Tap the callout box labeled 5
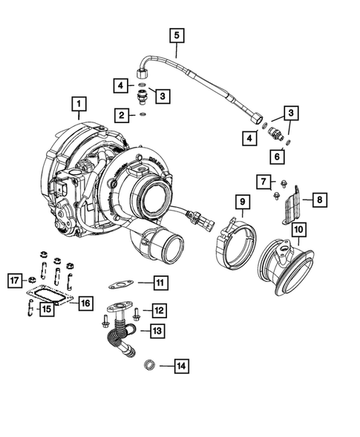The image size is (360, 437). point(176,34)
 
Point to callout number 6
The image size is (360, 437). point(277,157)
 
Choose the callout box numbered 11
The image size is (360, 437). point(160,282)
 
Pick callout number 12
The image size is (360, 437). point(159,309)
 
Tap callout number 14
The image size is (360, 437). point(182,365)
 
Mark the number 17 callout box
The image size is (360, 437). point(13,280)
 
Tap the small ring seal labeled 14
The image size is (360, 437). point(147,364)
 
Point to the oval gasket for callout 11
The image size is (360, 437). point(120,283)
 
